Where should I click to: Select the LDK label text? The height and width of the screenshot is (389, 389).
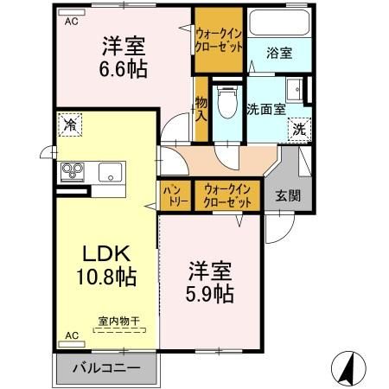105,254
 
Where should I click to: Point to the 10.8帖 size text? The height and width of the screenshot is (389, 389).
105,277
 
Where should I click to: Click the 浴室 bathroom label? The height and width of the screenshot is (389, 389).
277,53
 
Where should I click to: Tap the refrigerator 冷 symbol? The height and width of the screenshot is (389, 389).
68,126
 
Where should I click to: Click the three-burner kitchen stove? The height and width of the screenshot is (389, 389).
72,170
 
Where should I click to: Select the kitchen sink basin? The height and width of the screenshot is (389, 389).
110,170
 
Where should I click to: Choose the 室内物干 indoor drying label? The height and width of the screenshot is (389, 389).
113,322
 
